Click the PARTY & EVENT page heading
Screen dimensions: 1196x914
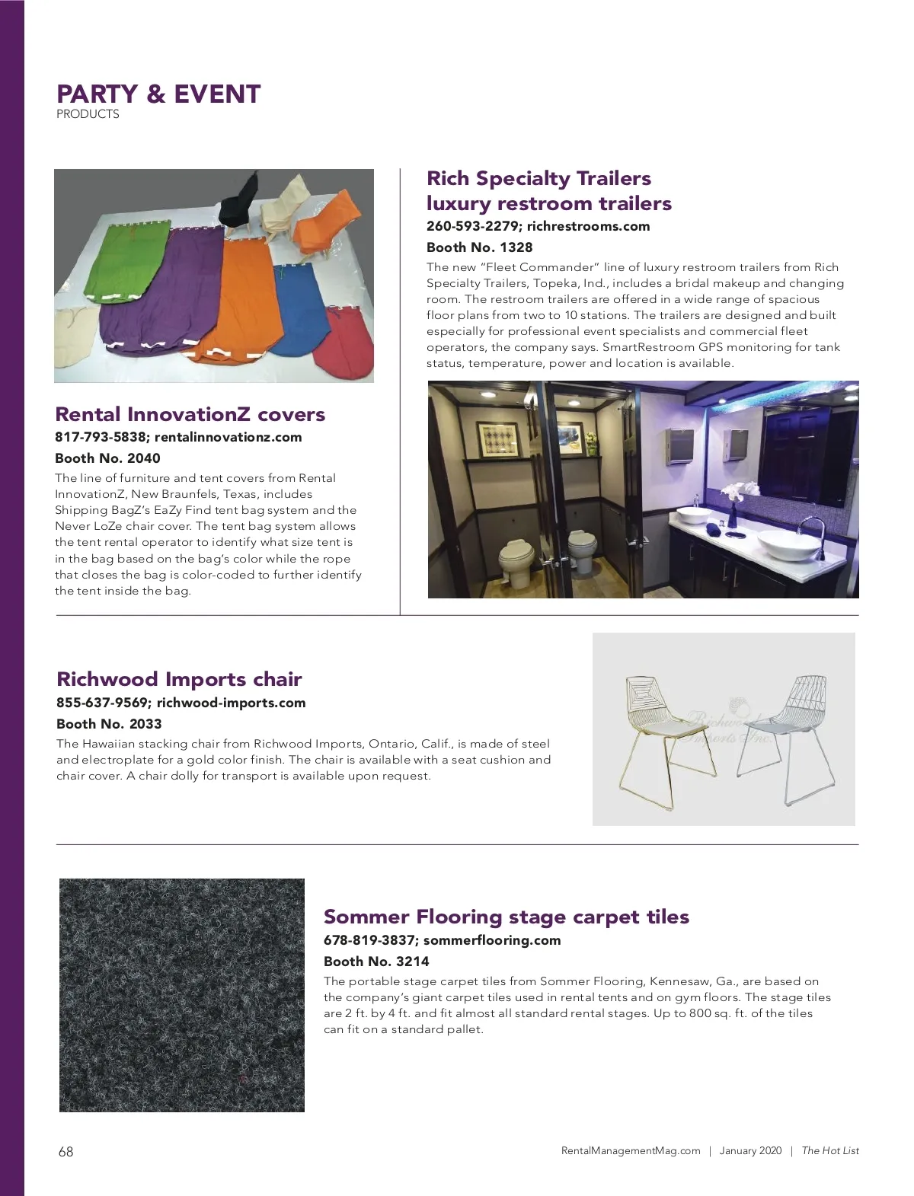[158, 94]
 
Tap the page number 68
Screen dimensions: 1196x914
[66, 1152]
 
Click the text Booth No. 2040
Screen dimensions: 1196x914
[107, 458]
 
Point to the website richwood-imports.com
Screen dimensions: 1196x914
[231, 703]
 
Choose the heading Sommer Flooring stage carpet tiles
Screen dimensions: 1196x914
[506, 917]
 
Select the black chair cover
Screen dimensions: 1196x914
[238, 200]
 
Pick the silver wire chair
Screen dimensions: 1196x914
[782, 735]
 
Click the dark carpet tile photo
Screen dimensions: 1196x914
[182, 995]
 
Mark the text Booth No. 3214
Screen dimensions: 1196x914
[376, 962]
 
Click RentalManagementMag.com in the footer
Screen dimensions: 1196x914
[630, 1151]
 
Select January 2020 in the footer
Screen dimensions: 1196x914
[750, 1151]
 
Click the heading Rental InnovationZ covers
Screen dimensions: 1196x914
[190, 414]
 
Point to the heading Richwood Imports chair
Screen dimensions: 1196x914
[179, 679]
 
